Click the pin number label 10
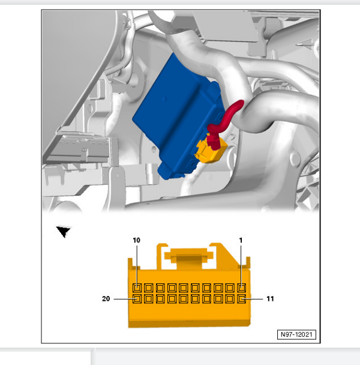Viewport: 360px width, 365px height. pyautogui.click(x=137, y=240)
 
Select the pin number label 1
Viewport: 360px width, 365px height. pyautogui.click(x=241, y=240)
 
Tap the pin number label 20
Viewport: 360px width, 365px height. pyautogui.click(x=106, y=298)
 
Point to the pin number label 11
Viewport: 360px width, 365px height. pyautogui.click(x=270, y=298)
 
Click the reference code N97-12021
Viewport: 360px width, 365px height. pyautogui.click(x=296, y=334)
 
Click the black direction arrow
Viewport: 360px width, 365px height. pyautogui.click(x=63, y=231)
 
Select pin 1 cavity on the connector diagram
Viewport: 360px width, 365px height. pyautogui.click(x=242, y=288)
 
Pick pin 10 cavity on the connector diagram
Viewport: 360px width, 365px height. pyautogui.click(x=137, y=288)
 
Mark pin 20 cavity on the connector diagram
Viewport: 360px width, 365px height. pyautogui.click(x=137, y=299)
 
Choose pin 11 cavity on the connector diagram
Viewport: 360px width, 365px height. pyautogui.click(x=242, y=299)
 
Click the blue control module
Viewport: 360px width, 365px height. pyautogui.click(x=177, y=116)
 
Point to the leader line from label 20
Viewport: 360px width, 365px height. pyautogui.click(x=124, y=299)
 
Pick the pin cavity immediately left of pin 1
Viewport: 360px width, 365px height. pyautogui.click(x=230, y=288)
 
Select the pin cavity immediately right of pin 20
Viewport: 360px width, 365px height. pyautogui.click(x=148, y=299)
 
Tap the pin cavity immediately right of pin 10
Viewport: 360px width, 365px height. pyautogui.click(x=148, y=288)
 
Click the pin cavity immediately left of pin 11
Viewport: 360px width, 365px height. pyautogui.click(x=230, y=299)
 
